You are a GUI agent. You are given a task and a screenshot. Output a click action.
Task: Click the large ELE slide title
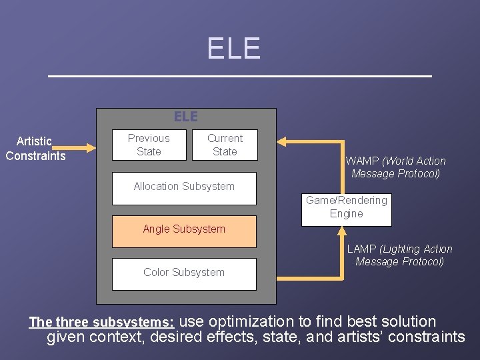(233, 48)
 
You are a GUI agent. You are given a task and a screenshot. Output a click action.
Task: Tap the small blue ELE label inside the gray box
(186, 117)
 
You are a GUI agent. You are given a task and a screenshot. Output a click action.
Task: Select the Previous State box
(149, 145)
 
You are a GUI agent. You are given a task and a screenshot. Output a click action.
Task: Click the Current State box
(225, 145)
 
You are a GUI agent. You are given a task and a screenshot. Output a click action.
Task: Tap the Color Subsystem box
(184, 273)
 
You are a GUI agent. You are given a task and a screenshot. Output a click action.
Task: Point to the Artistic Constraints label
(35, 148)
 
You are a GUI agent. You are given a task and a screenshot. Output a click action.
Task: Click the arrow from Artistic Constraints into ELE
(83, 147)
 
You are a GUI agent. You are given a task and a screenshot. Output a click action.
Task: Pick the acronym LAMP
(362, 249)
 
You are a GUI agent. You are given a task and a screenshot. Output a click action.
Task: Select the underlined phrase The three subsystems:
(102, 323)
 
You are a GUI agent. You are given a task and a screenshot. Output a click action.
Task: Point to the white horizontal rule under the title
(240, 77)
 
